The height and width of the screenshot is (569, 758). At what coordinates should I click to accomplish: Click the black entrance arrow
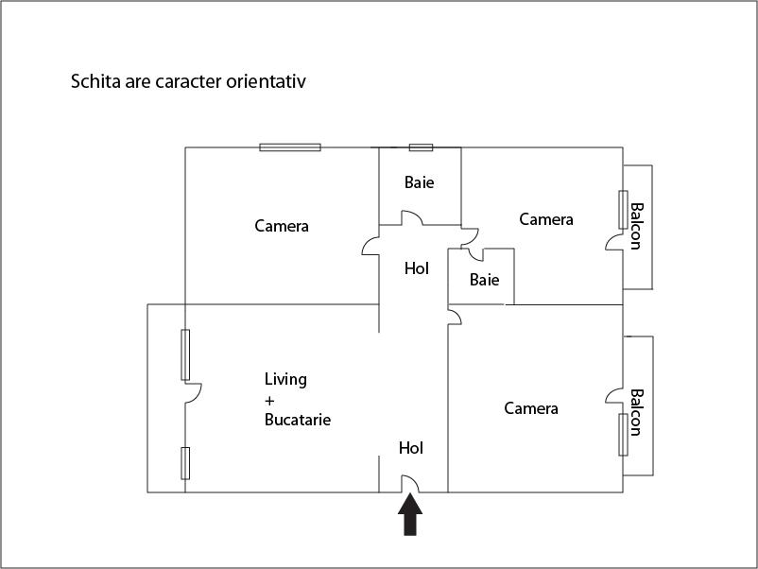pyautogui.click(x=409, y=516)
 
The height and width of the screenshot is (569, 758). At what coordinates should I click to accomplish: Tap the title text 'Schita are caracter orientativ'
pyautogui.click(x=189, y=81)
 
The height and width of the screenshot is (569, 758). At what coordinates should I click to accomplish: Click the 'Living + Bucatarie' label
pyautogui.click(x=297, y=399)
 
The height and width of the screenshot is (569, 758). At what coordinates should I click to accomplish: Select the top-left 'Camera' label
pyautogui.click(x=282, y=226)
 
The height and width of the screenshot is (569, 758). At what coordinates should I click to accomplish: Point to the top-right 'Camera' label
pyautogui.click(x=546, y=219)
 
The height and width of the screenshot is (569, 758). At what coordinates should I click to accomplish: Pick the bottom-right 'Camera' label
pyautogui.click(x=531, y=408)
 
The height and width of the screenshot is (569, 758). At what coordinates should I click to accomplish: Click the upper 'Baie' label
pyautogui.click(x=419, y=182)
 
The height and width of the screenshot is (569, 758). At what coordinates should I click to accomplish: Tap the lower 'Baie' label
pyautogui.click(x=484, y=280)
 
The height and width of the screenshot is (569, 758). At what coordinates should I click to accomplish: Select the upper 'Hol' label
pyautogui.click(x=417, y=268)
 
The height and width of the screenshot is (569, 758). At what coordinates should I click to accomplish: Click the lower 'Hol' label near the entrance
pyautogui.click(x=411, y=448)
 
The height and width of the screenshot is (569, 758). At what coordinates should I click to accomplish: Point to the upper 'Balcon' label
pyautogui.click(x=636, y=227)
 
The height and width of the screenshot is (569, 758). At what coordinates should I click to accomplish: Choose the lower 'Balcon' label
pyautogui.click(x=636, y=412)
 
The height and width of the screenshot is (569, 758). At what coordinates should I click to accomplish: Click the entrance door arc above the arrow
pyautogui.click(x=411, y=483)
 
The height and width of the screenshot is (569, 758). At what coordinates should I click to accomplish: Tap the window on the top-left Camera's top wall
pyautogui.click(x=290, y=147)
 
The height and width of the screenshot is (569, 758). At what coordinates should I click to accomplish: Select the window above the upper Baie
pyautogui.click(x=421, y=147)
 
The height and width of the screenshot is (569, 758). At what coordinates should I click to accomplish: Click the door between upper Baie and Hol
pyautogui.click(x=412, y=219)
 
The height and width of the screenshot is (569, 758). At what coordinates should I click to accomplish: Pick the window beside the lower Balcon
pyautogui.click(x=623, y=435)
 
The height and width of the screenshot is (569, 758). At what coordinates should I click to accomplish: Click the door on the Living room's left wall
pyautogui.click(x=194, y=392)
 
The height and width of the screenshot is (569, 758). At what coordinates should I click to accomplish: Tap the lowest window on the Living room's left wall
pyautogui.click(x=185, y=463)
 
